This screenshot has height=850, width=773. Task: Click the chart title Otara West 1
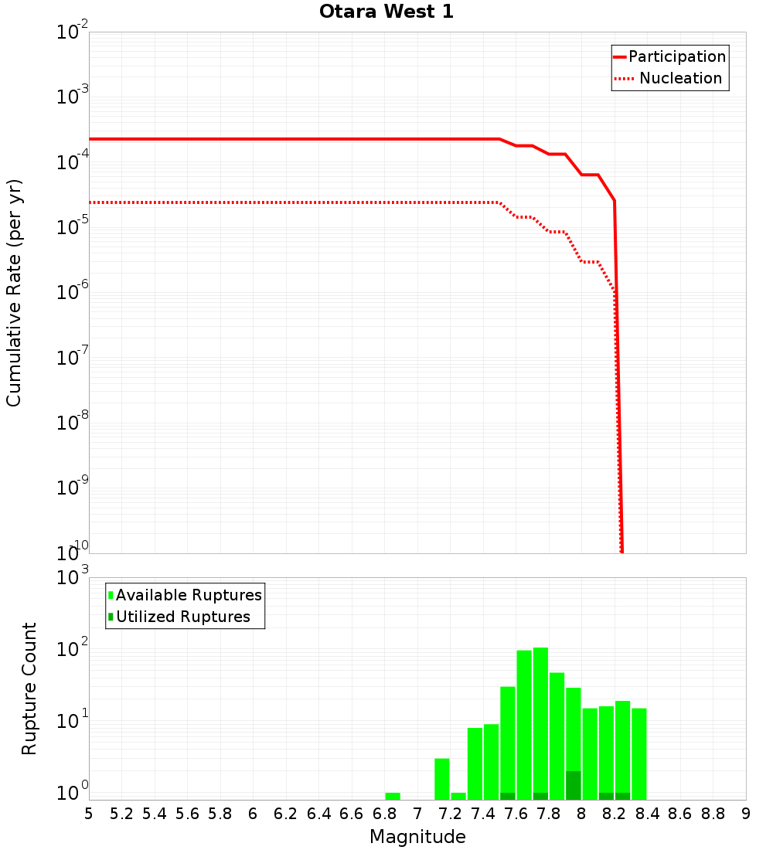coord(386,12)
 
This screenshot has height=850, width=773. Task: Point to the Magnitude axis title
coord(417,837)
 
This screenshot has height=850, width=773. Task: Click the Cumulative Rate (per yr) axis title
coord(14,292)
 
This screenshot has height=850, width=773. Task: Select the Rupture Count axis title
coord(29,688)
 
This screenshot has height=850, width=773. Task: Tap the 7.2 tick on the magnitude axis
coord(450,814)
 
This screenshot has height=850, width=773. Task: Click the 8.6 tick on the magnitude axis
coord(680,814)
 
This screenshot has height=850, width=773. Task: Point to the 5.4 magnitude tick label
coord(155,814)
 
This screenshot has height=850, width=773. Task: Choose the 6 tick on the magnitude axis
coord(253,814)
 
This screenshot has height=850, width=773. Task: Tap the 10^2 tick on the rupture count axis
coord(73,649)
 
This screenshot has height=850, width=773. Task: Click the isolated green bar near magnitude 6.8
coord(393,796)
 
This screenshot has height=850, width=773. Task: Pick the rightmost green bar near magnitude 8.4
coord(638,753)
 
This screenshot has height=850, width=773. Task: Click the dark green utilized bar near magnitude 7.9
coord(573,785)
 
